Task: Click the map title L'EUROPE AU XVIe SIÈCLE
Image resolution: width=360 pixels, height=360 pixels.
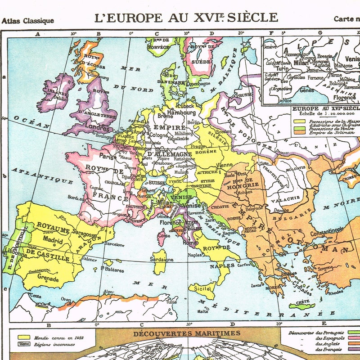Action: click(186, 18)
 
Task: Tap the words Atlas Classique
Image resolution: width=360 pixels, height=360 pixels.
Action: click(28, 21)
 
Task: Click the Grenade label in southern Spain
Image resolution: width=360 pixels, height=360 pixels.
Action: click(48, 279)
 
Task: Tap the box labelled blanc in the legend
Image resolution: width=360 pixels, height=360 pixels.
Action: click(22, 344)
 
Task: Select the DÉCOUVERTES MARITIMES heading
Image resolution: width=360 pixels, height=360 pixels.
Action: click(186, 333)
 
